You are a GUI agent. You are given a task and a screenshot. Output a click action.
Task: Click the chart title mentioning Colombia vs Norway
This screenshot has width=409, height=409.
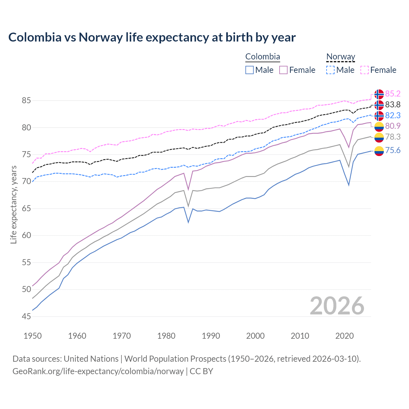(152, 37)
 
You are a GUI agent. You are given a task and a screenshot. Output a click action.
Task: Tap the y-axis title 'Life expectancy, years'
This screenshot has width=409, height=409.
(14, 204)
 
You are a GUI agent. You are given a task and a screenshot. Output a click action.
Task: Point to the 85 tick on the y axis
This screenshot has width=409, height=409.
(26, 101)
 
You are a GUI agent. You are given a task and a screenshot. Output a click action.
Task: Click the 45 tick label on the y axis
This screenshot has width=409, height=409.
(26, 316)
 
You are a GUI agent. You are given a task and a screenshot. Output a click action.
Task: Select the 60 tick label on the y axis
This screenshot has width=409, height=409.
(26, 235)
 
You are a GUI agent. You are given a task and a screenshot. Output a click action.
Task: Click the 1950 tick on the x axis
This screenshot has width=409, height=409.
(33, 336)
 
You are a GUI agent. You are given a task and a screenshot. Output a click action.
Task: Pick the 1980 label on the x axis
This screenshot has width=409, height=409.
(166, 336)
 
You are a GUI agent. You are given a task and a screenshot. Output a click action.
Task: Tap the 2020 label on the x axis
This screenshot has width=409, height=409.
(344, 336)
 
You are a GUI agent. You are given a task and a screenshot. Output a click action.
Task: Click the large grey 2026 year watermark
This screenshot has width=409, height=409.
(337, 306)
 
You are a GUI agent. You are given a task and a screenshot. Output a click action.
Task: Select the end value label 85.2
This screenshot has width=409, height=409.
(393, 94)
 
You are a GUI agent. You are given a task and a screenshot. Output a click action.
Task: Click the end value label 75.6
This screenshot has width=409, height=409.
(393, 150)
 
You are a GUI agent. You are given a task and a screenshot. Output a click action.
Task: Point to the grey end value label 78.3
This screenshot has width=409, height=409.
(393, 137)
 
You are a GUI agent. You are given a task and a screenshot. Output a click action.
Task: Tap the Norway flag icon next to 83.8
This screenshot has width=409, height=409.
(379, 105)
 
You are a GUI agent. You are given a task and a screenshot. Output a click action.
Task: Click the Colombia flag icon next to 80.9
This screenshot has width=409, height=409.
(379, 126)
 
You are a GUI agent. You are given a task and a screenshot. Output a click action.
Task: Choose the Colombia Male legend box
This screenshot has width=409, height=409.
(250, 70)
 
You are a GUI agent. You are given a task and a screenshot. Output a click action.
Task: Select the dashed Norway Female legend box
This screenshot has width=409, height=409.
(365, 70)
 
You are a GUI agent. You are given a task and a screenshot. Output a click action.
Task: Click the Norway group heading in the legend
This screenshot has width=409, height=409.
(341, 57)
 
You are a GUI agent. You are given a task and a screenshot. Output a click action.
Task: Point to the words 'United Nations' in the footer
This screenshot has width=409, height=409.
(91, 359)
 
